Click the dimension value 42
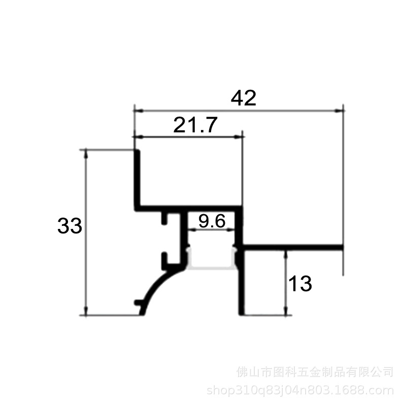(x=244, y=98)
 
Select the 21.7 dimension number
(x=195, y=125)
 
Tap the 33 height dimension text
(x=70, y=226)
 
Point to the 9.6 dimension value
(x=212, y=221)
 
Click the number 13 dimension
(x=300, y=284)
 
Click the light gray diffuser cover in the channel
(x=212, y=267)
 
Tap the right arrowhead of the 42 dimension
(x=339, y=111)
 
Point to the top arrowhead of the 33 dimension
(x=86, y=154)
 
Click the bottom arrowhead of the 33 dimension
(x=86, y=311)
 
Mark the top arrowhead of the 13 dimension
(x=286, y=255)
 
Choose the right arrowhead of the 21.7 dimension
(x=238, y=137)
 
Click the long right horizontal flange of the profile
(x=293, y=247)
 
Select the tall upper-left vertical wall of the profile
(x=137, y=179)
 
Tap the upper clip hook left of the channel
(x=164, y=219)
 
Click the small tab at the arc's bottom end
(x=139, y=302)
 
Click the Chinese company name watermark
(x=315, y=372)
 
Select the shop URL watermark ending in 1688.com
(x=300, y=390)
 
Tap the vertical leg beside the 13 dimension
(x=242, y=282)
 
